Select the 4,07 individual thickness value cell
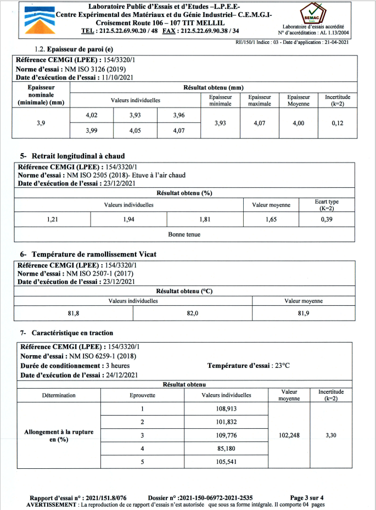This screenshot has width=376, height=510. [x=178, y=131]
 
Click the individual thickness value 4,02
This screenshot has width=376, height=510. [x=92, y=115]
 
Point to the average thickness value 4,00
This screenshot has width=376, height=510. [x=298, y=123]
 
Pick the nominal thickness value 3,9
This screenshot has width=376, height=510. [x=41, y=123]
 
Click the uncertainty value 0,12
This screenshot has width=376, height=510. [x=338, y=123]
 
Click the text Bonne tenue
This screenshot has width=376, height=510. [x=184, y=234]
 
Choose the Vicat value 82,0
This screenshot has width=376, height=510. [x=193, y=313]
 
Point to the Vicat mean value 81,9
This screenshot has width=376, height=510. [x=304, y=313]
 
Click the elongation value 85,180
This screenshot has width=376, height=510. [x=227, y=449]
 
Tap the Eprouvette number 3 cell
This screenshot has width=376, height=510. [x=142, y=435]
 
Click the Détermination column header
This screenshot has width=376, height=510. [x=59, y=395]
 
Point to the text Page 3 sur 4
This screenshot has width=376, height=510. [x=310, y=497]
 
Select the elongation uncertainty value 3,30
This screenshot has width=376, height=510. [x=330, y=435]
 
